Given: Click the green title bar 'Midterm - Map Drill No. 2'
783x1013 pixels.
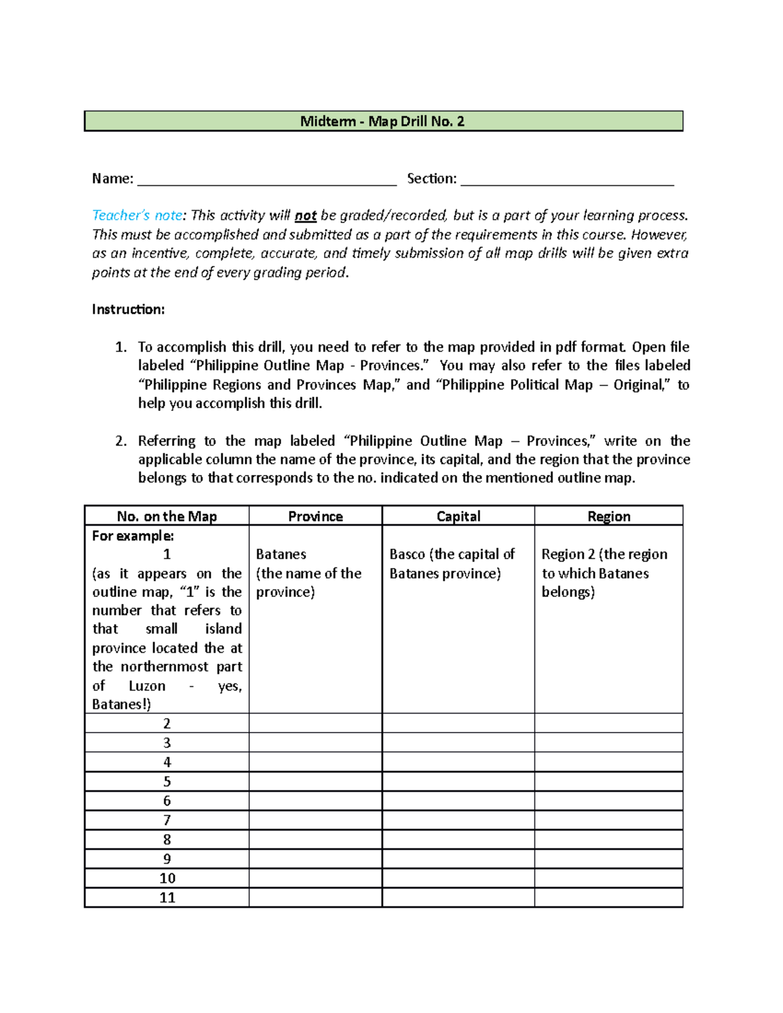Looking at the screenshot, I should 383,121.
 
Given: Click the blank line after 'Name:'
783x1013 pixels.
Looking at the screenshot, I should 266,180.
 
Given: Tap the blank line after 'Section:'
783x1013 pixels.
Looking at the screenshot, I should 566,180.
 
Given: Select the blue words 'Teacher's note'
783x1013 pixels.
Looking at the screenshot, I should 137,215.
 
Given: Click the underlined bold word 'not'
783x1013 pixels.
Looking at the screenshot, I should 305,216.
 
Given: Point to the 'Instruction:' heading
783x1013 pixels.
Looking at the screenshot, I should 128,309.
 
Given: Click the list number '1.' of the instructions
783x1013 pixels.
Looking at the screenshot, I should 121,347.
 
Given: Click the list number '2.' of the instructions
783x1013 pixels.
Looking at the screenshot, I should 121,441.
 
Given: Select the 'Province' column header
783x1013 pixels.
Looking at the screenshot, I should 315,516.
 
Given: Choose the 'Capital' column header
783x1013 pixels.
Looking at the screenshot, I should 458,516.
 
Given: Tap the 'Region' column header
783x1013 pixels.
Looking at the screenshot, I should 609,516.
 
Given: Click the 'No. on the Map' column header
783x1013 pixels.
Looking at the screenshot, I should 166,516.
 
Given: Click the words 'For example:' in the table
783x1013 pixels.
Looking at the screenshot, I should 132,536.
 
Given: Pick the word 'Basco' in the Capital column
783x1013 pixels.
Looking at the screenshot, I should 407,554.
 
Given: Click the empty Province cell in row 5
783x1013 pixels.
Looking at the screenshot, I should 315,781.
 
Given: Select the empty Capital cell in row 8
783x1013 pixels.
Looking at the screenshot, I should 458,839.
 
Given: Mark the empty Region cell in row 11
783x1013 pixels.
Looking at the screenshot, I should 609,898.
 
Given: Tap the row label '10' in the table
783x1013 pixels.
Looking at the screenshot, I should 167,878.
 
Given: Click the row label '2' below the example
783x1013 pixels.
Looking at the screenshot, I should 167,723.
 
